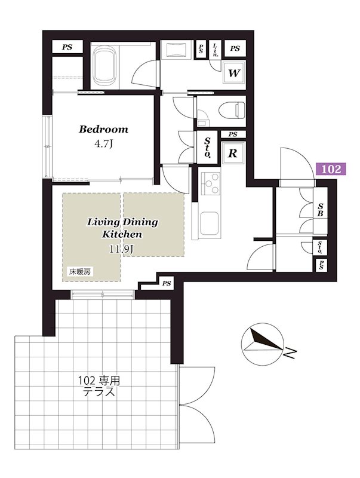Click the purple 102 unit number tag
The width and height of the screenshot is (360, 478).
(331, 168)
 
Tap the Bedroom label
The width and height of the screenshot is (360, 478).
(103, 129)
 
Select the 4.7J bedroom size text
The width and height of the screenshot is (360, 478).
(103, 144)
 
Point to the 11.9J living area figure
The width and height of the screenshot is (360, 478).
(122, 249)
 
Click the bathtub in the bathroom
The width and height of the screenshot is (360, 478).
(104, 66)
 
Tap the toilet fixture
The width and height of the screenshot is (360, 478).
(232, 110)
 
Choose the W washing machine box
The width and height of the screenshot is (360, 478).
(234, 73)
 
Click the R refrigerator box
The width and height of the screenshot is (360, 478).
(232, 154)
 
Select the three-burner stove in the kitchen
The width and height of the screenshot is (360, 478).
(211, 183)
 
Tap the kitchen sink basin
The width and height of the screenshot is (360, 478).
(209, 223)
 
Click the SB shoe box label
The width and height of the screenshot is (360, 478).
(320, 210)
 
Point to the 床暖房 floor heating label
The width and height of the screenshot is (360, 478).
(80, 272)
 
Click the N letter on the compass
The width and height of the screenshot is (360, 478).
(290, 353)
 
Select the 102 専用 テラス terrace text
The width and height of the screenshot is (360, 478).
(99, 386)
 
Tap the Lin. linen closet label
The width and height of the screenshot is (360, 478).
(216, 50)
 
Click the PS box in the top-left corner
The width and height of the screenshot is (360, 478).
(67, 47)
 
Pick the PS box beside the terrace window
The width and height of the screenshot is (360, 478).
(167, 283)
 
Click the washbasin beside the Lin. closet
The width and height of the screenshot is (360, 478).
(177, 50)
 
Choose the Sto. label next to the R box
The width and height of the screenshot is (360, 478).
(207, 147)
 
